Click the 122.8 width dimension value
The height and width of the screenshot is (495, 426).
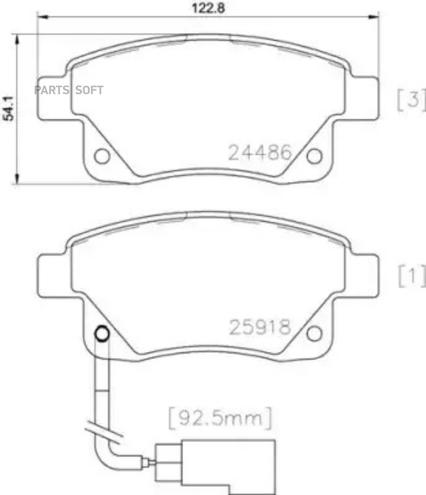click(x=209, y=8)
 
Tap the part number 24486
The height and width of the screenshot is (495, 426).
click(x=260, y=153)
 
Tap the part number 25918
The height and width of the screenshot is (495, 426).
click(x=260, y=327)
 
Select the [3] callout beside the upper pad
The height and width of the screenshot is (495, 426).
click(x=411, y=99)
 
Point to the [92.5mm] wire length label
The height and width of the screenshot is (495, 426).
click(x=220, y=418)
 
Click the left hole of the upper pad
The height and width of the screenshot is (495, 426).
click(x=102, y=156)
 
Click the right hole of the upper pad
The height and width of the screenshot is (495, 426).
click(x=314, y=156)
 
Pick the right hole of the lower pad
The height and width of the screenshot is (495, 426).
click(x=314, y=333)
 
